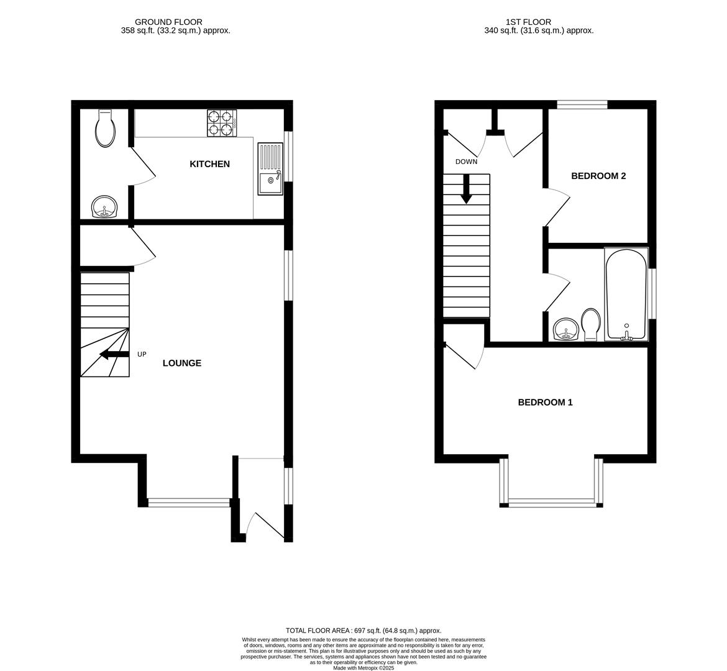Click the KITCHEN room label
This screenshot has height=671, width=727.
[x=209, y=164]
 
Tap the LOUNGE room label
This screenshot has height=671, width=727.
[x=181, y=363]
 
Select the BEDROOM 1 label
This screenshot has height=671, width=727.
[x=545, y=402]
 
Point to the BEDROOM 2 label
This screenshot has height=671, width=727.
[x=598, y=176]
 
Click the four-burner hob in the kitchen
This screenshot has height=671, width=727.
[x=222, y=122]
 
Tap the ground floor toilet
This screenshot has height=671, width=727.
[x=106, y=128]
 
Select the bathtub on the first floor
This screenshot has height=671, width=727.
[x=626, y=294]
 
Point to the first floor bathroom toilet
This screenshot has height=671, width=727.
[x=590, y=324]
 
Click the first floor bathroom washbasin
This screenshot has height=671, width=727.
[x=565, y=329]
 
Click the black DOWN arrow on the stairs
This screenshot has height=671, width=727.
[x=466, y=189]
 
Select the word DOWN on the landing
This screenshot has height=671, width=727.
[x=466, y=162]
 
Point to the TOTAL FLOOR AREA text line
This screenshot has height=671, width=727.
[x=363, y=630]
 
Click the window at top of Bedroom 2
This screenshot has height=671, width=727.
[x=582, y=104]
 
